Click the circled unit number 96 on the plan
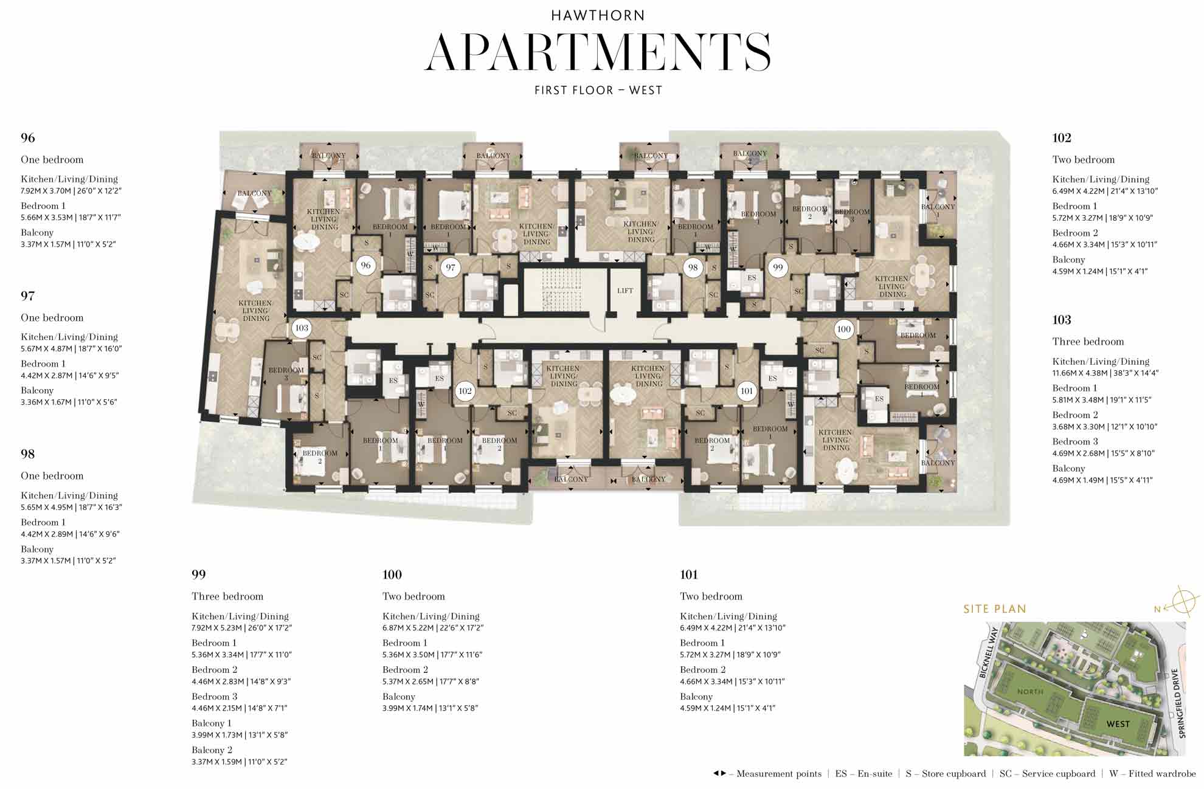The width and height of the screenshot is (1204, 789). click(x=365, y=265)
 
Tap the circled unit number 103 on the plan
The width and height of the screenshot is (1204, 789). click(x=302, y=328)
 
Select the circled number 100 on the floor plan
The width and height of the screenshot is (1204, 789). click(x=843, y=329)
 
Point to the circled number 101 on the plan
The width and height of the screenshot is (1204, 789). click(x=747, y=391)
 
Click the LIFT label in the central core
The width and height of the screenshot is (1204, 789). click(x=625, y=291)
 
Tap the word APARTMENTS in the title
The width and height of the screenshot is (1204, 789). click(x=598, y=52)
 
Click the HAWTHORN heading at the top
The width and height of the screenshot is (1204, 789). click(x=598, y=15)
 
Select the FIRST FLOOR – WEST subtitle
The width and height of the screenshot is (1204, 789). click(x=598, y=91)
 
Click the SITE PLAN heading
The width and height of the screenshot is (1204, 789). click(x=994, y=609)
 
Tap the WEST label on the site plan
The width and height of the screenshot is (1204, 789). click(x=1118, y=724)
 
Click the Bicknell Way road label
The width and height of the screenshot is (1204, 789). click(x=988, y=654)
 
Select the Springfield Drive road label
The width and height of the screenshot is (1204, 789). click(x=1179, y=703)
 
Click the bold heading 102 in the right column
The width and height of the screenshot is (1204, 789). click(x=1062, y=138)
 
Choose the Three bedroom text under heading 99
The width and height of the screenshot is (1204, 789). click(x=227, y=596)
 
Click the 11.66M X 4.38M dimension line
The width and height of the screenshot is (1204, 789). click(x=1105, y=373)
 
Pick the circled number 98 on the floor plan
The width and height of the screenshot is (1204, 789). click(x=693, y=267)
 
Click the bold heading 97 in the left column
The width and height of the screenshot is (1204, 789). click(x=27, y=296)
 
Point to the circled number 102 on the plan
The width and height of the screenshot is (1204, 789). click(x=465, y=391)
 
